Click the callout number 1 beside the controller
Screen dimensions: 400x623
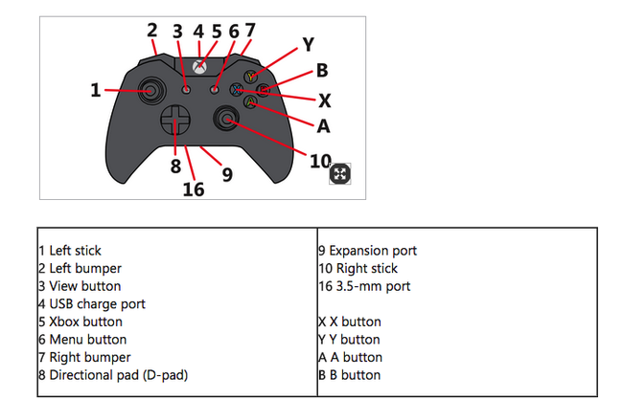[x=95, y=90]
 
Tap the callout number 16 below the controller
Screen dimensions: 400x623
[x=194, y=189]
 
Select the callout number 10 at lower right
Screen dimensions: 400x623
[x=320, y=160]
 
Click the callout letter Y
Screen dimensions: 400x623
[x=307, y=44]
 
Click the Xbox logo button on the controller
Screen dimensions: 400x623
[x=199, y=67]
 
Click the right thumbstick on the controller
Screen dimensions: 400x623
[x=227, y=118]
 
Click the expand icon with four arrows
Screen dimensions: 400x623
[x=341, y=173]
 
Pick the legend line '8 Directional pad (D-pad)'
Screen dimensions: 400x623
[x=113, y=374]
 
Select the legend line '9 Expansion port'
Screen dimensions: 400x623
[x=367, y=251]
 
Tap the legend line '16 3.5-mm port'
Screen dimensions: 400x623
[x=364, y=286]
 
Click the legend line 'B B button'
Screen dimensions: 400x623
[x=349, y=374]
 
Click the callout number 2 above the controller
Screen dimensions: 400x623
[x=152, y=30]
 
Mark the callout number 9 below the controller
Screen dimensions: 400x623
[x=227, y=174]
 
